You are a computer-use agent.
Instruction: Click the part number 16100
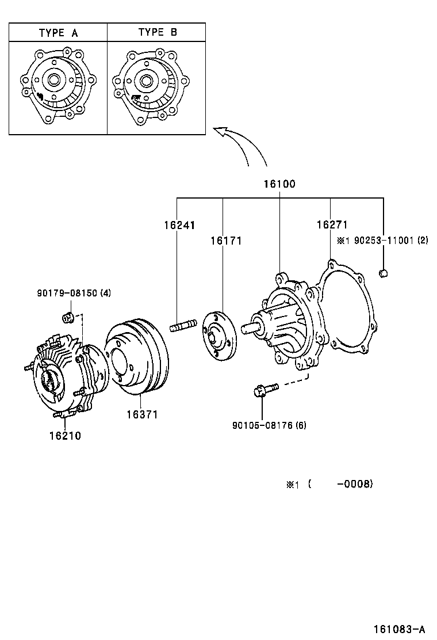279,184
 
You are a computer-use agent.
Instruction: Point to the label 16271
332,224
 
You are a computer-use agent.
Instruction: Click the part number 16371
141,414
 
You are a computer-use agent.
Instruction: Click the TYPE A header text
58,33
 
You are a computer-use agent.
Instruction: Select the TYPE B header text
157,33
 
